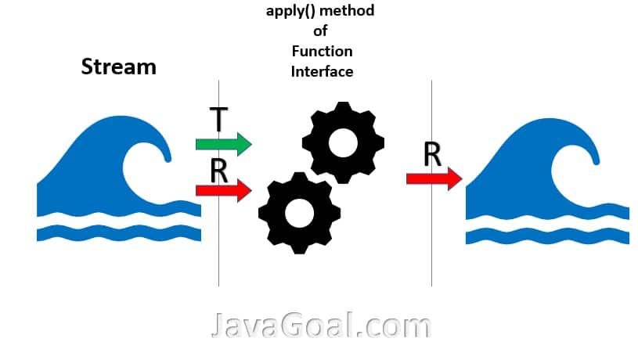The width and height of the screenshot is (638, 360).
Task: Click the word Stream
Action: coord(118,67)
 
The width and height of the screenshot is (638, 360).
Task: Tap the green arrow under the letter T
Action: coord(223,144)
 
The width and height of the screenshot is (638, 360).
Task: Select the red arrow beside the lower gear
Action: coord(223,189)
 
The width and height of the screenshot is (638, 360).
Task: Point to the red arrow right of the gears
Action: coord(434,179)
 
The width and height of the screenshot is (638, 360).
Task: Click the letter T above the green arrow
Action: coord(219,120)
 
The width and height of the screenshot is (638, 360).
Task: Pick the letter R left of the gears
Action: coord(219,169)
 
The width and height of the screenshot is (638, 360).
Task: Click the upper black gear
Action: coord(343,142)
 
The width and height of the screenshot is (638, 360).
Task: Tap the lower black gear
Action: coord(299,212)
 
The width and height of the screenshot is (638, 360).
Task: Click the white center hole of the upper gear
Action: coord(343,142)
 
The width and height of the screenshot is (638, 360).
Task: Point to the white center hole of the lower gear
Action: coord(299,212)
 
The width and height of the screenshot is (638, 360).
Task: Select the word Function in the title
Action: coord(322,52)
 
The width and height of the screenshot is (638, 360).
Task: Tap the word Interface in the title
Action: coord(322,71)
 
